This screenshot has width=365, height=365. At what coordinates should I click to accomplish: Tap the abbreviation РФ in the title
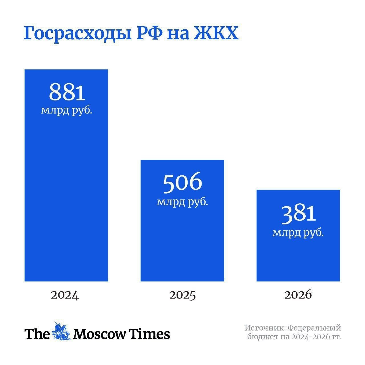click(150, 33)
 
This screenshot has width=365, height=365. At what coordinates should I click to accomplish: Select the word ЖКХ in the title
click(216, 33)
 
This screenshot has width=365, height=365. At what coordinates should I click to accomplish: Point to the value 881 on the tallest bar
click(67, 92)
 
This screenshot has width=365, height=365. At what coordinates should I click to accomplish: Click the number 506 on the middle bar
click(182, 183)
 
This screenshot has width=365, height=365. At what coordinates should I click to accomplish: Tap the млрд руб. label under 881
click(66, 110)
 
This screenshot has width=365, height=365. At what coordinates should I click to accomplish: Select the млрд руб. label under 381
click(298, 233)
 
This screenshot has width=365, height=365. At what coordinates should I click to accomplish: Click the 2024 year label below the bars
click(65, 295)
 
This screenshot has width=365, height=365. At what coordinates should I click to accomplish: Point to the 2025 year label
click(182, 295)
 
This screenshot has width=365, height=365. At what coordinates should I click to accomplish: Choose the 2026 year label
click(298, 295)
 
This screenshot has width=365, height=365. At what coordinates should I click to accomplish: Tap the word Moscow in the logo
click(100, 334)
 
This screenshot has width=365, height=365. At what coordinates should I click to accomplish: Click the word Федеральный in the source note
click(315, 328)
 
